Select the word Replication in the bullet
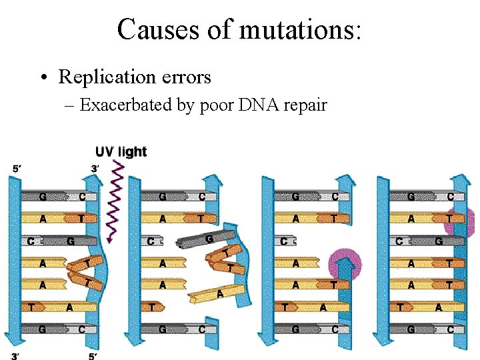(107, 77)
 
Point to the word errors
(186, 77)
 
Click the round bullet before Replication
(43, 78)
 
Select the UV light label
(121, 151)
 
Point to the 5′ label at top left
(17, 169)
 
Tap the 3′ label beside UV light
(96, 169)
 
